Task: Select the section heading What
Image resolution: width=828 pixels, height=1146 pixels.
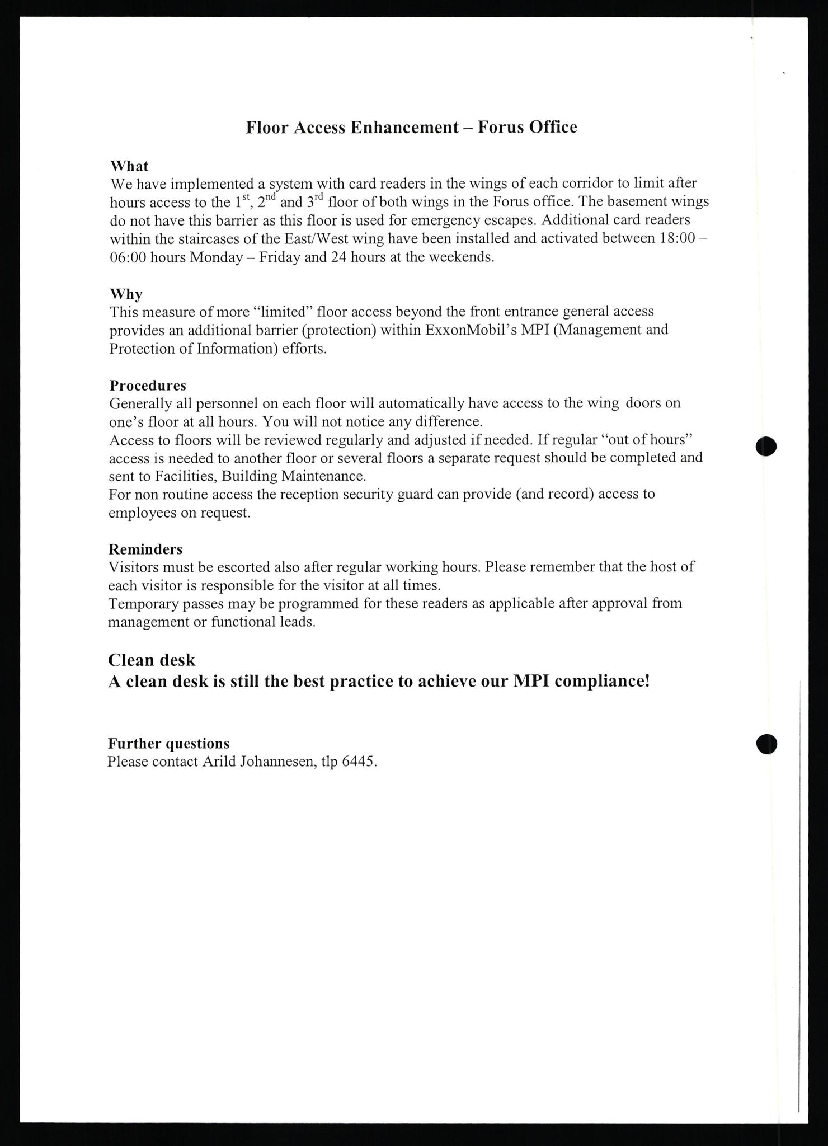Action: point(129,166)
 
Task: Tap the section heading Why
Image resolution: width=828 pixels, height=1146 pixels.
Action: point(126,294)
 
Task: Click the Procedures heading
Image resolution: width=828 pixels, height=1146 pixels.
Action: point(148,386)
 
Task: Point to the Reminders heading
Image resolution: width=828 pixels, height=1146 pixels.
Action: point(145,549)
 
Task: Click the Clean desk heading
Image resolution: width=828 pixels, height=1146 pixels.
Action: point(152,660)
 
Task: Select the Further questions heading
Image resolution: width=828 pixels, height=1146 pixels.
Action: point(168,743)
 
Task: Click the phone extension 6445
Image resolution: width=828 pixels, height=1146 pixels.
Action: point(360,762)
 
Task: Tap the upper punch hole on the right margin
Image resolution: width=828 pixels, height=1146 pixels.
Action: point(766,447)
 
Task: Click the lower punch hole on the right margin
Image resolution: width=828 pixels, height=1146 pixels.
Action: point(766,744)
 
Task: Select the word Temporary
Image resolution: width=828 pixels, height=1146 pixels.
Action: point(143,604)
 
